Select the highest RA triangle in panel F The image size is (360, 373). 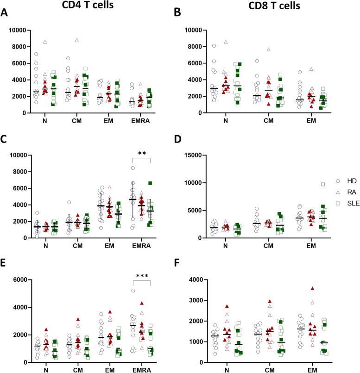(313, 301)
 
